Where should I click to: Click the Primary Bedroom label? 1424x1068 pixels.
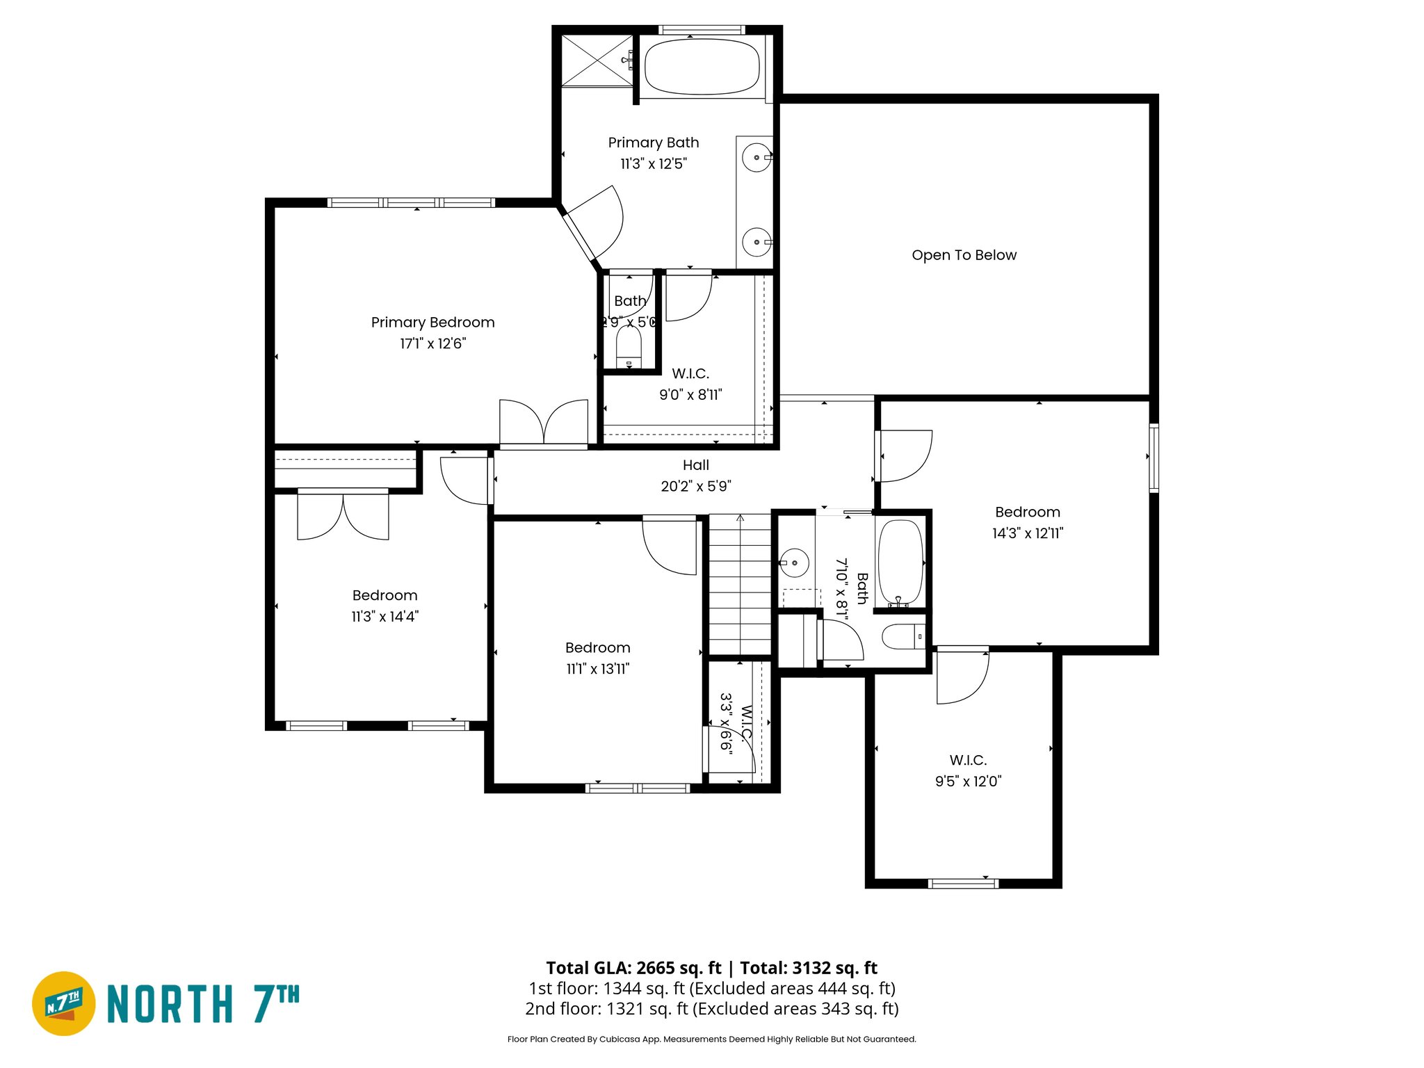pos(432,323)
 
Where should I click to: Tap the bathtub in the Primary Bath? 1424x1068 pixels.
pos(702,67)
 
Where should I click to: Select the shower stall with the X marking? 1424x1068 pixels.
pos(596,60)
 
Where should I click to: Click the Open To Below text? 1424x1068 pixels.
pos(964,255)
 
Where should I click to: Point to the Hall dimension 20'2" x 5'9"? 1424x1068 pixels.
pos(696,486)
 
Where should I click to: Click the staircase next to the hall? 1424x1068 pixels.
pos(740,584)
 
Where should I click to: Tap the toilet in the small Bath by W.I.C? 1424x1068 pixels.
pos(629,346)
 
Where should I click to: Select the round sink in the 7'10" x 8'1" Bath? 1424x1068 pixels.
pos(794,563)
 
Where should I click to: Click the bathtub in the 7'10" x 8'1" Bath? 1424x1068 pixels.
pos(900,562)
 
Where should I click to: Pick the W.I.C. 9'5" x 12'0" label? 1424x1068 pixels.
pos(968,760)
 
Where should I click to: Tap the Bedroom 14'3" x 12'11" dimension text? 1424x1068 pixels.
pos(1028,533)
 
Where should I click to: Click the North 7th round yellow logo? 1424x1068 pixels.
pos(64,1003)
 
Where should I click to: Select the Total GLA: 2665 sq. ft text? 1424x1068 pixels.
pos(633,968)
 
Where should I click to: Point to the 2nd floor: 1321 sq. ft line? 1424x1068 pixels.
pos(711,1009)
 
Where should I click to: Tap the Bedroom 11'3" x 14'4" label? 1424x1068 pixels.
pos(385,596)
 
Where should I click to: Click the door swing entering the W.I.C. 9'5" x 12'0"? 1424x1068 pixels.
pos(962,676)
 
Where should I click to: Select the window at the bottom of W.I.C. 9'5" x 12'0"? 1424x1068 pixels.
pos(963,884)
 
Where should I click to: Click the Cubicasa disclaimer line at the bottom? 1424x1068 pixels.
pos(711,1039)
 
